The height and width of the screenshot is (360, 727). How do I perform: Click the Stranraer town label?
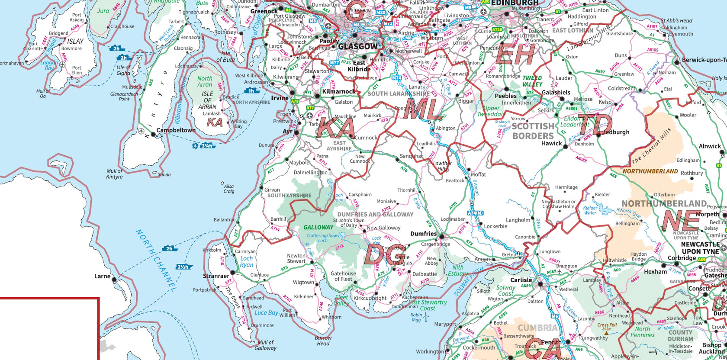tap(216, 276)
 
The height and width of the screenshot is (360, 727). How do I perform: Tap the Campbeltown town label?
tap(176, 130)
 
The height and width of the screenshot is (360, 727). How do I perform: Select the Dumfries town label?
tap(423, 234)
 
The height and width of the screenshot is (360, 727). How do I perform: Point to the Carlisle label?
tap(521, 280)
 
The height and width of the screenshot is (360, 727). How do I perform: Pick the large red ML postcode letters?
tap(423, 109)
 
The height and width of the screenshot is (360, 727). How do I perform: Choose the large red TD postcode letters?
tap(595, 126)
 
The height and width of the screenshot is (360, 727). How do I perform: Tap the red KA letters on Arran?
tap(215, 122)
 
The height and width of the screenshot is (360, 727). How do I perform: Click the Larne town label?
tap(103, 276)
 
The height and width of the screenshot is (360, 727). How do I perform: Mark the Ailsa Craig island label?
tap(228, 189)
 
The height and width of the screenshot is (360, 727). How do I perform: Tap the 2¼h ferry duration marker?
tap(183, 267)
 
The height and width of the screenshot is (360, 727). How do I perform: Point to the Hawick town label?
tap(551, 143)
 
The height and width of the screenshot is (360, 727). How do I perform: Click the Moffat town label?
tap(478, 174)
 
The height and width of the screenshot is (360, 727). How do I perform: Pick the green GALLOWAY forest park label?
tap(318, 227)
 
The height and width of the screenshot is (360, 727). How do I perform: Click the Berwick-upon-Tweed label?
tap(704, 60)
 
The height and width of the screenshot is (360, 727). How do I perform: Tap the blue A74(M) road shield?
tap(475, 213)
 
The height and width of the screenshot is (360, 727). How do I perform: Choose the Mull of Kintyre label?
tap(114, 174)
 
